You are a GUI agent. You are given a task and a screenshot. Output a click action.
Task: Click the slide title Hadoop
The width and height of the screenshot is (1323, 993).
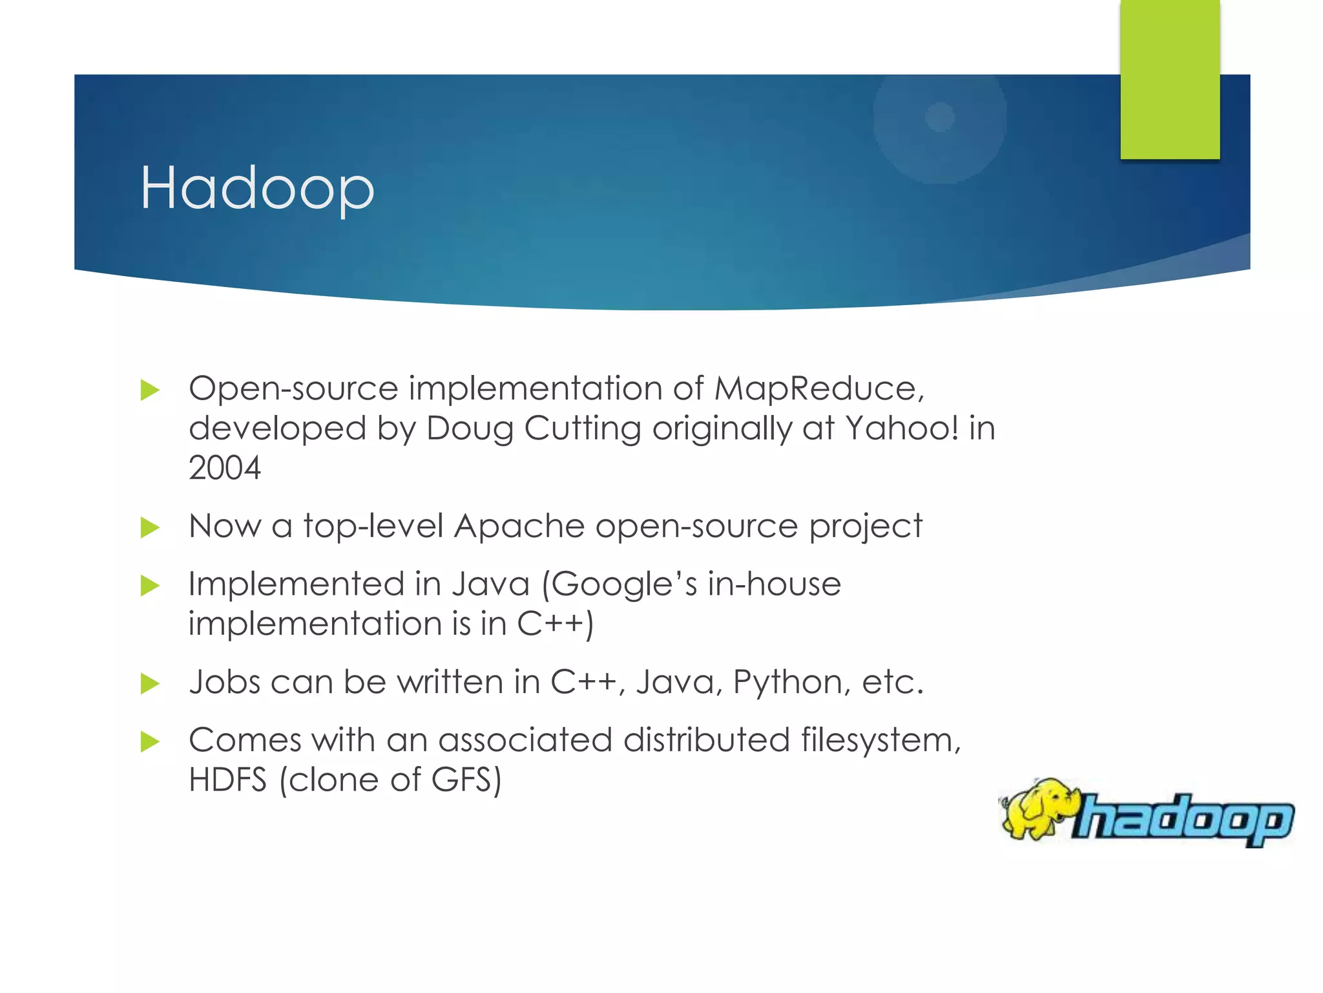pos(257,188)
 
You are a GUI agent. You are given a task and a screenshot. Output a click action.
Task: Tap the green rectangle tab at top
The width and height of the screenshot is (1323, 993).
pos(1169,79)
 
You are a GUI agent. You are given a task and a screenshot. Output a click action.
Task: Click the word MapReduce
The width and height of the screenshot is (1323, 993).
pos(818,389)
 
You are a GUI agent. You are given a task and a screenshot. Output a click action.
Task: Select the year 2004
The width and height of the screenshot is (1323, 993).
pos(225,468)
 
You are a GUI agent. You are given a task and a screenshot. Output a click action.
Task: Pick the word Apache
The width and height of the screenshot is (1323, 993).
pos(519,526)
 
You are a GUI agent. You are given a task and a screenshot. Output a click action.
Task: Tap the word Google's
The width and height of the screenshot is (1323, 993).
pos(623,584)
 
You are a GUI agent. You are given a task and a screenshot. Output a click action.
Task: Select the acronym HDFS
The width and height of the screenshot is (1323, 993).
pos(227,780)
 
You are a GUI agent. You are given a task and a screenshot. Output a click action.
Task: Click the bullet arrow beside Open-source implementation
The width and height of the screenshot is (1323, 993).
pos(150,390)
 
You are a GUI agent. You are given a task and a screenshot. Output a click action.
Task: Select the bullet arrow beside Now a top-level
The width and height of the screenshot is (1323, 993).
pos(150,528)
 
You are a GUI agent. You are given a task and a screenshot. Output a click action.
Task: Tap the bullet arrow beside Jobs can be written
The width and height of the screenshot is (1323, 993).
pos(150,683)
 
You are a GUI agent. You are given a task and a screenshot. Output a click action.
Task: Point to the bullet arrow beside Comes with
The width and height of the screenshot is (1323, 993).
pos(150,742)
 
